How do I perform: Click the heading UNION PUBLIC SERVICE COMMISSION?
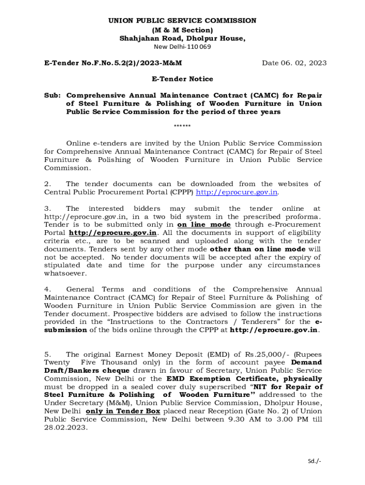pyautogui.click(x=182, y=21)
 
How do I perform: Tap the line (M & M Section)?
pyautogui.click(x=182, y=30)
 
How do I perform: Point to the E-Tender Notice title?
pyautogui.click(x=182, y=79)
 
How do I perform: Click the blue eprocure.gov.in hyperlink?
pyautogui.click(x=237, y=192)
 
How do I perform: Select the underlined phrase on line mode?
pyautogui.click(x=204, y=225)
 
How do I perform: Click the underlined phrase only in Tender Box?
pyautogui.click(x=123, y=411)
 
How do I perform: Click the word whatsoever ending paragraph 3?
pyautogui.click(x=65, y=273)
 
